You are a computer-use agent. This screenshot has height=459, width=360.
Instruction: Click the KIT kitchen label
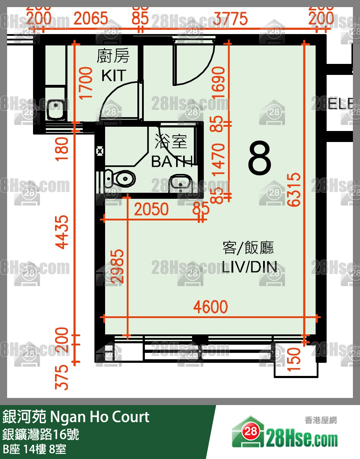114,76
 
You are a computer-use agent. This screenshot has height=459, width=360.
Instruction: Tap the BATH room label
172,162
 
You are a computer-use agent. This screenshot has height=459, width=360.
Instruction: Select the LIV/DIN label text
249,267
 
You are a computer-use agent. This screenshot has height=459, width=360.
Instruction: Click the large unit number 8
260,158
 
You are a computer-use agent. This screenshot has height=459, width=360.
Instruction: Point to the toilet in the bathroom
121,179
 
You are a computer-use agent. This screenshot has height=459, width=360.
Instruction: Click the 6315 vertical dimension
294,190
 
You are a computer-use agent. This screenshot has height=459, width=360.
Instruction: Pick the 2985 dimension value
117,266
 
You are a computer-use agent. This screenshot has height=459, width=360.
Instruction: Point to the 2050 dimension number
151,209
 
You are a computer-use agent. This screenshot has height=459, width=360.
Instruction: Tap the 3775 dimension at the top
230,19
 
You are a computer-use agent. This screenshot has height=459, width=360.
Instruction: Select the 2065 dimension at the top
91,18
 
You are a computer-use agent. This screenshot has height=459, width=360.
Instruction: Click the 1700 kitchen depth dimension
86,83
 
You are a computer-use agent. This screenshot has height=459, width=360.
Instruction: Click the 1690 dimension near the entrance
218,83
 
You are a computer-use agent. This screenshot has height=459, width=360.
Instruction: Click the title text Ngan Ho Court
100,417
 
